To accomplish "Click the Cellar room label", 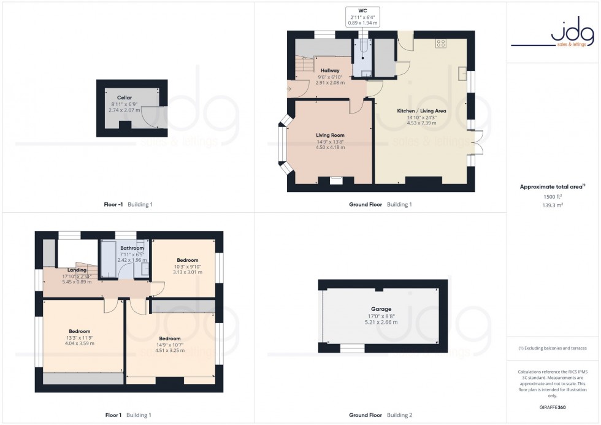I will tap(124, 98).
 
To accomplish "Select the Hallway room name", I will tap(329, 71).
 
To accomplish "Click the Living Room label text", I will tap(330, 136).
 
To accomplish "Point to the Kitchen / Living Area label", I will tap(421, 111).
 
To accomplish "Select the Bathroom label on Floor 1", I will tap(132, 248).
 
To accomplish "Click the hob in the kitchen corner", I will tap(440, 44).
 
